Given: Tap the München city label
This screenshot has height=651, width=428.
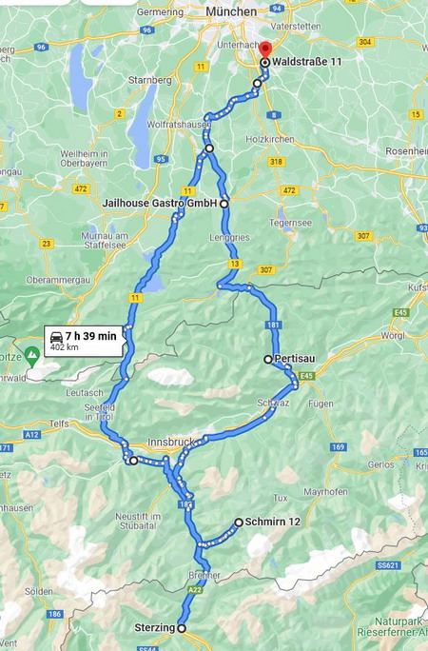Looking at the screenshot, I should point(231,10).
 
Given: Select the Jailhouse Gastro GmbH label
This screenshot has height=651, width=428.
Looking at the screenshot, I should point(160,204).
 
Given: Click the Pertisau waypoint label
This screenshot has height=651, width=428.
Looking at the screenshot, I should point(294,360).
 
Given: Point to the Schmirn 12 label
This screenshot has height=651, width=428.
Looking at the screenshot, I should point(272,523).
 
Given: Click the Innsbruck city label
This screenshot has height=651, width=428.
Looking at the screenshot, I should point(171,443).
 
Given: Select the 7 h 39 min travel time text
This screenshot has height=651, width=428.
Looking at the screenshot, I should point(91,336).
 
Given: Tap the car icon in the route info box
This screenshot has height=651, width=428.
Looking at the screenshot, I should point(56,336).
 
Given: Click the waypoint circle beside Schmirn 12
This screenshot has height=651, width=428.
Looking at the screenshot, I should point(239,523).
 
